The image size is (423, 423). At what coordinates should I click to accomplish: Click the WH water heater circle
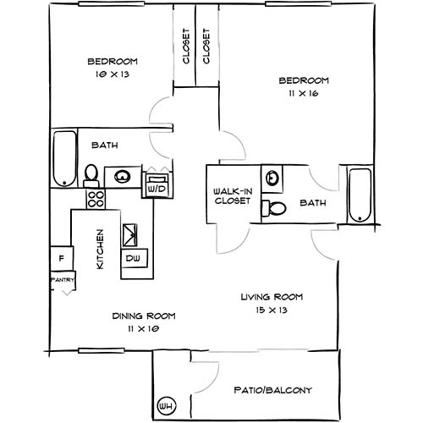point(166,404)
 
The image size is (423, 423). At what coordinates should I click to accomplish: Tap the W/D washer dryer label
point(157,190)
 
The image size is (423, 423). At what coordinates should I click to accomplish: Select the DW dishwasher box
point(133,257)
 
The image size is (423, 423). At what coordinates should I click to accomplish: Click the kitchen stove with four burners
point(95,201)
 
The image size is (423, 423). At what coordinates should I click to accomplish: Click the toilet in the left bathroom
point(91,175)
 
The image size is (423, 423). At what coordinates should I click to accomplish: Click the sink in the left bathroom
point(124,177)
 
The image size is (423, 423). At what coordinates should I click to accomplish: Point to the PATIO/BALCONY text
point(272,390)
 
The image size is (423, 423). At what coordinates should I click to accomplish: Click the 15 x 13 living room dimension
point(272,310)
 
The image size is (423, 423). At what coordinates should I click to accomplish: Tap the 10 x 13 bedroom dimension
point(113,75)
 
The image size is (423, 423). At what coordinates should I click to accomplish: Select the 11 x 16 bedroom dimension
point(304,94)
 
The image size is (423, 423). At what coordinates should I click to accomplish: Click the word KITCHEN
point(100,250)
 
